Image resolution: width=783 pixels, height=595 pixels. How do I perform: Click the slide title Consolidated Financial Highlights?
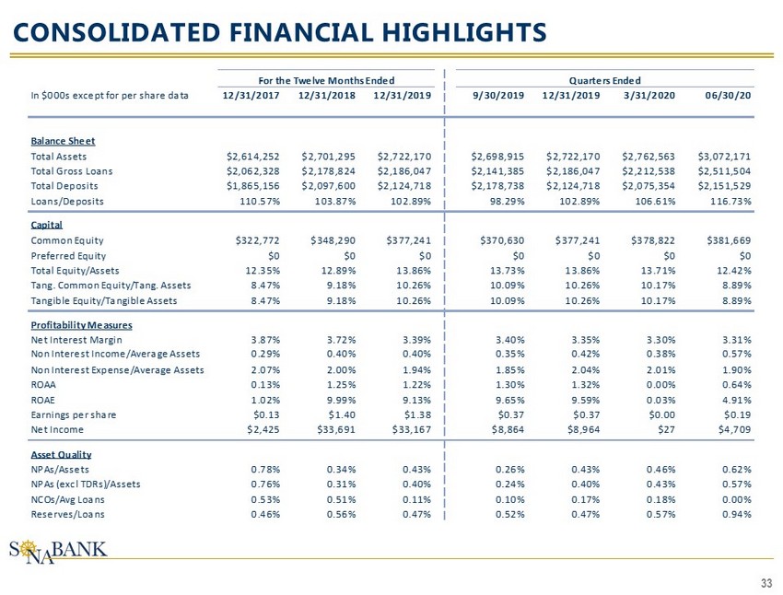point(277,32)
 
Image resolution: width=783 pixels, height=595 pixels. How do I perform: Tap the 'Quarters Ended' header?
point(604,81)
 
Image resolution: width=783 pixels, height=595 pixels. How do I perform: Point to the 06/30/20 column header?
point(731,95)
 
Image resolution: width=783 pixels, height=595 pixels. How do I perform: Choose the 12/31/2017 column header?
point(252,95)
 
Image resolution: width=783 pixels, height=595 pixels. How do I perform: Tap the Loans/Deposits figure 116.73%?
point(728,201)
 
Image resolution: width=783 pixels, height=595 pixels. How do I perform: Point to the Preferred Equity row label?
point(69,255)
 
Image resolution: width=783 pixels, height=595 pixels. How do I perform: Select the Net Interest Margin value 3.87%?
point(266,339)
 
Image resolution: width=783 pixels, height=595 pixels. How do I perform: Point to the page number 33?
point(766,582)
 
